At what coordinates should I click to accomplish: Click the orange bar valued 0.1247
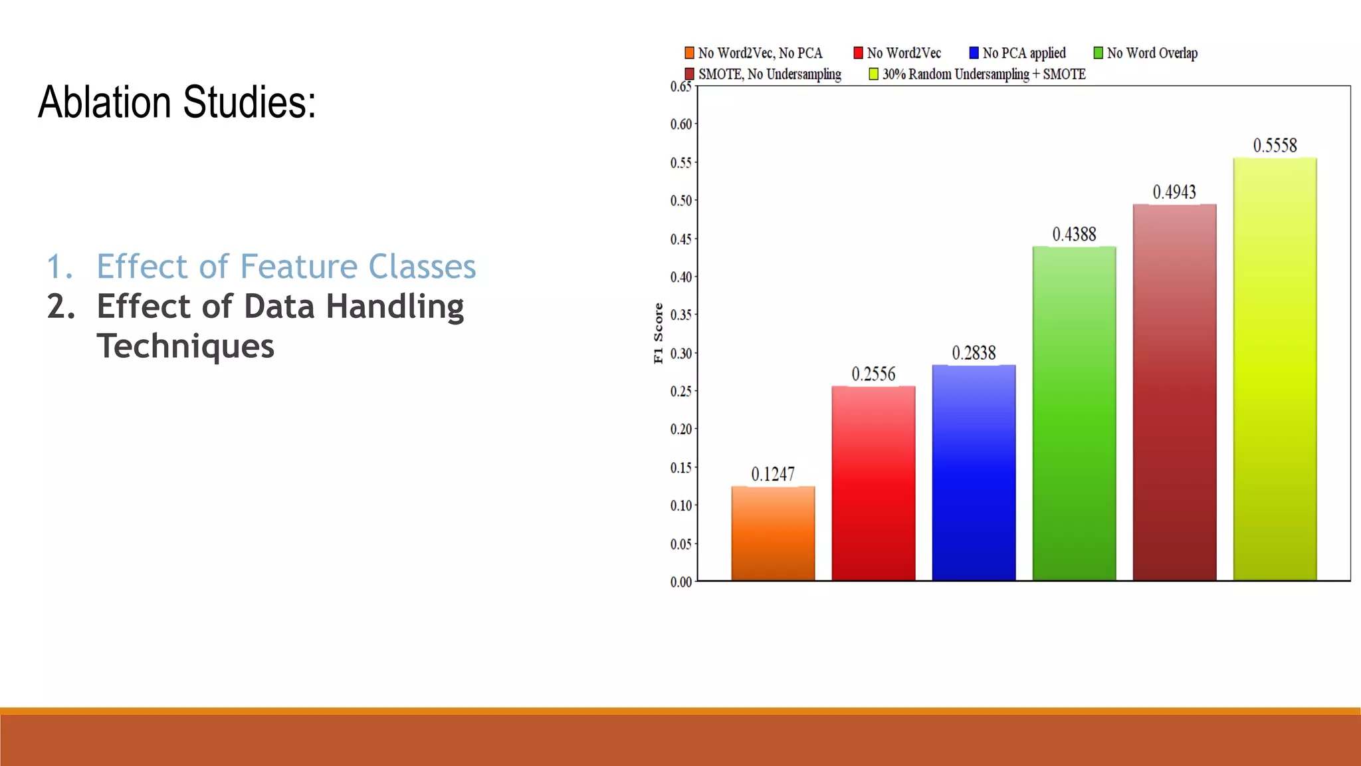tap(773, 533)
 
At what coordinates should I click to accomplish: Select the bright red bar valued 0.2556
tap(873, 483)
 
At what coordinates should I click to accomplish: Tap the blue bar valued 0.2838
tap(974, 473)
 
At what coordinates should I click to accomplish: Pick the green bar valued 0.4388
tap(1074, 414)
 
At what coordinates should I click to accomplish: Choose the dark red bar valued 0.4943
tap(1174, 392)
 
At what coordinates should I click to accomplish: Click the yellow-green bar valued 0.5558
tap(1275, 369)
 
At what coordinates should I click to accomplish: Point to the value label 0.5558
tap(1275, 146)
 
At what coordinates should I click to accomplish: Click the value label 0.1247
tap(773, 474)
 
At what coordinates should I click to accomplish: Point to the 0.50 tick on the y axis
tap(681, 201)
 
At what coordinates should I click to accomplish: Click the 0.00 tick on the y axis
tap(681, 582)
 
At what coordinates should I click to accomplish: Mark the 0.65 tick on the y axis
tap(681, 86)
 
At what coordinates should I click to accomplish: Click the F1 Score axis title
tap(659, 333)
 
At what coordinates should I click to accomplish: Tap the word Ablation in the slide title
tap(105, 102)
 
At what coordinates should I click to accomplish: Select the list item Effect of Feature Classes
tap(286, 267)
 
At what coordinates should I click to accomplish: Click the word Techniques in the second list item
tap(185, 346)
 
